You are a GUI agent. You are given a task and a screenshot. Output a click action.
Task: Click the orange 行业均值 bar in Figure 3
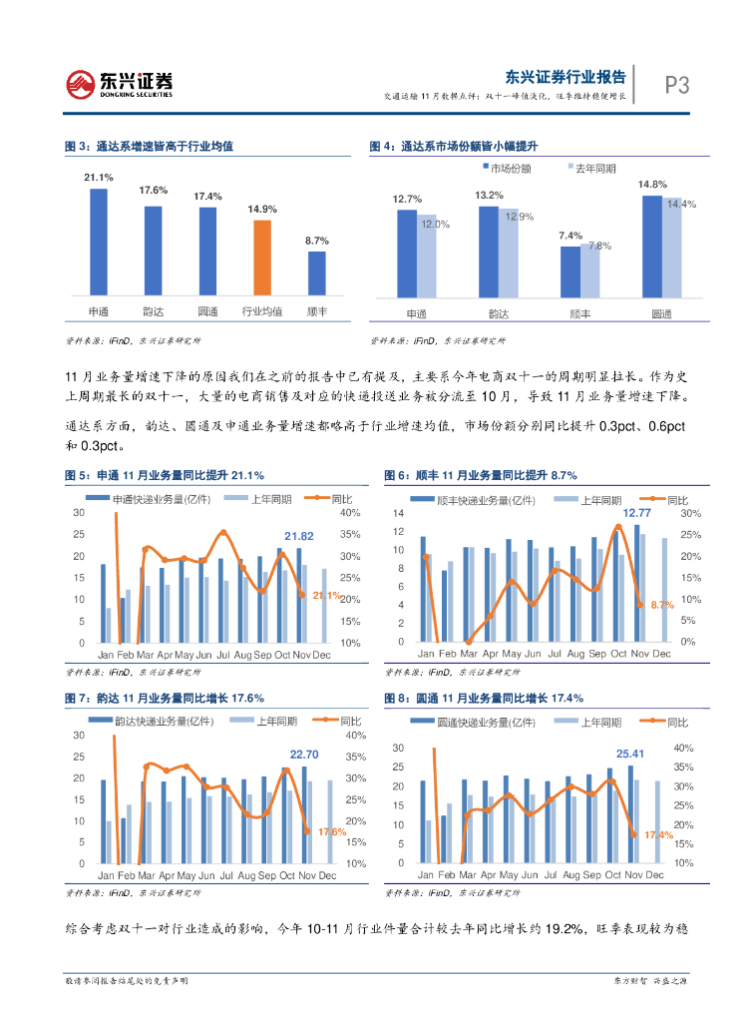pyautogui.click(x=262, y=257)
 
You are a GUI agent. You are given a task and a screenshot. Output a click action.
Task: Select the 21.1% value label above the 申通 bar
pyautogui.click(x=99, y=177)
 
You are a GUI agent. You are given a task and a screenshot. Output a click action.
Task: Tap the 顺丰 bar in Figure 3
pyautogui.click(x=316, y=272)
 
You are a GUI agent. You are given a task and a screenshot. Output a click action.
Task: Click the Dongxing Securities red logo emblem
pyautogui.click(x=80, y=84)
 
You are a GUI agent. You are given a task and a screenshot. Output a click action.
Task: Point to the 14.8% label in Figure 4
pyautogui.click(x=652, y=185)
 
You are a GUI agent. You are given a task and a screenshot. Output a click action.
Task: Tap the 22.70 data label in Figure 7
pyautogui.click(x=304, y=755)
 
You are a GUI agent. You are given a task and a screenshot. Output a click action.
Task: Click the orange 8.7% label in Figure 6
pyautogui.click(x=662, y=605)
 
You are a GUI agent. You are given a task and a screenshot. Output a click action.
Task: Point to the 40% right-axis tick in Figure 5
pyautogui.click(x=350, y=513)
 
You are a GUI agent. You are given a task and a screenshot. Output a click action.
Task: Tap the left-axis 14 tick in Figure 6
pyautogui.click(x=397, y=513)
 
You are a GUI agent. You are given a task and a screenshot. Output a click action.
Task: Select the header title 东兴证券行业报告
pyautogui.click(x=565, y=76)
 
